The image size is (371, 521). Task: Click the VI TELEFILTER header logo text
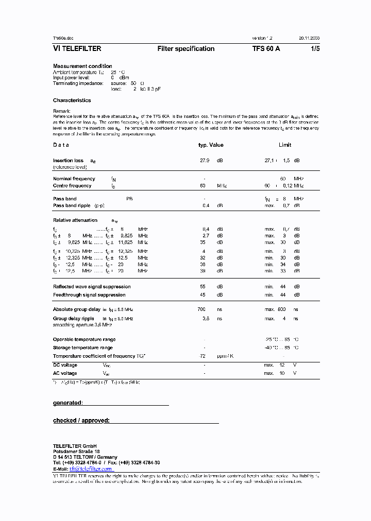pyautogui.click(x=77, y=49)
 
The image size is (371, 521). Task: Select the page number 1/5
pyautogui.click(x=314, y=49)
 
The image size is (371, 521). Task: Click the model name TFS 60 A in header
pyautogui.click(x=266, y=49)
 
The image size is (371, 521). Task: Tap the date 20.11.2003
pyautogui.click(x=309, y=39)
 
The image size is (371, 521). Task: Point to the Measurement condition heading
pyautogui.click(x=82, y=66)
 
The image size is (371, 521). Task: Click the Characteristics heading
pyautogui.click(x=72, y=100)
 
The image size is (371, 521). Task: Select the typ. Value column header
pyautogui.click(x=211, y=145)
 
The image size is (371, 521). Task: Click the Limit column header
pyautogui.click(x=285, y=145)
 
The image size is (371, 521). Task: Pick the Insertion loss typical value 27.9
pyautogui.click(x=205, y=161)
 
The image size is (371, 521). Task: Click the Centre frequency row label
pyautogui.click(x=72, y=186)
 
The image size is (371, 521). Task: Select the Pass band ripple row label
pyautogui.click(x=72, y=205)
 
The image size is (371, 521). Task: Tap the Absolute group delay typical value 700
pyautogui.click(x=201, y=309)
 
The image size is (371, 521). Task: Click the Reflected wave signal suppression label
pyautogui.click(x=92, y=287)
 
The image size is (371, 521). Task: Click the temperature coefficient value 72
pyautogui.click(x=203, y=356)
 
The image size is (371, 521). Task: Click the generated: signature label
pyautogui.click(x=68, y=403)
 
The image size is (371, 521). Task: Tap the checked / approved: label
pyautogui.click(x=81, y=421)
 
